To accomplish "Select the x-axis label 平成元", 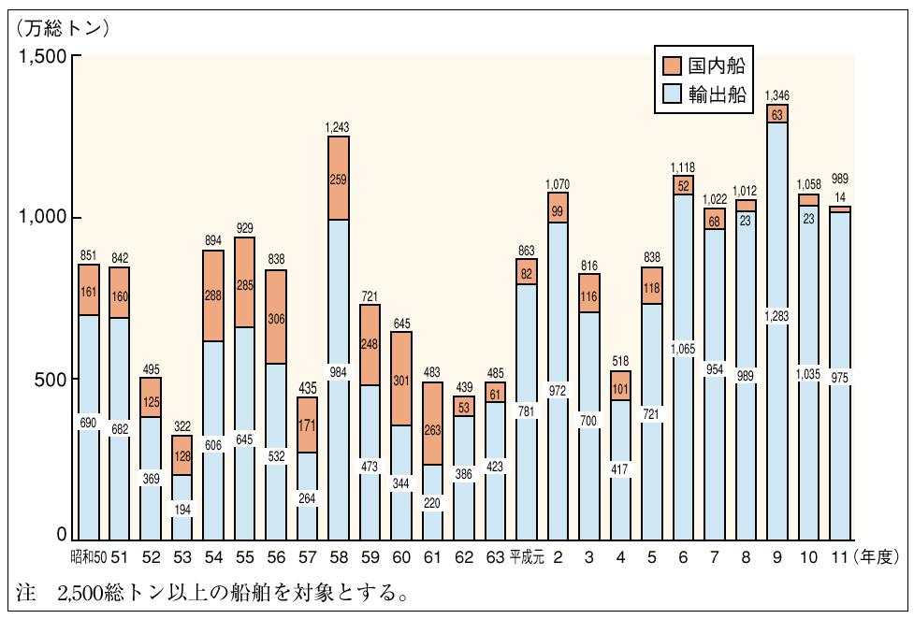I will tap(526, 558).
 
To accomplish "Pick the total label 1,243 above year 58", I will tap(338, 126).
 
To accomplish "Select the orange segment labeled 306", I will tap(275, 318).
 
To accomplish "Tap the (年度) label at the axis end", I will tap(877, 558).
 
